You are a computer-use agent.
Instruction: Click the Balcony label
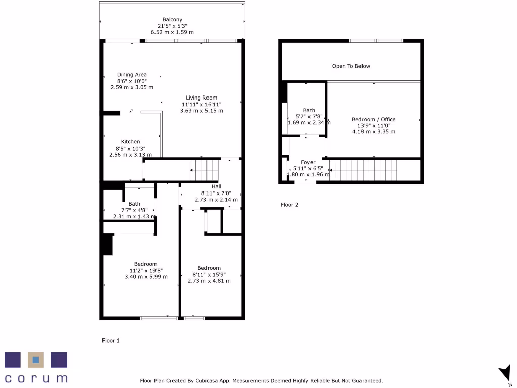172,20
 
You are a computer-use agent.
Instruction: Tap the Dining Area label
132,75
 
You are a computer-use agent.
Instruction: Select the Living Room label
201,98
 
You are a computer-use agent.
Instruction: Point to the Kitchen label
130,142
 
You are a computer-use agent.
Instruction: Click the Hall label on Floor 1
216,186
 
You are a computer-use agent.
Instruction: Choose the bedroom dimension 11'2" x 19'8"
146,270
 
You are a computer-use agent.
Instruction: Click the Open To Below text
351,66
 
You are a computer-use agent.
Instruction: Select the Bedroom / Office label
374,120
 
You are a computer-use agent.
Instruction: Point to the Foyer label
308,163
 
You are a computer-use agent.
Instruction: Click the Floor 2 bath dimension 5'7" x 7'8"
309,116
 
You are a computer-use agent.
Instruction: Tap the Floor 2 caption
289,205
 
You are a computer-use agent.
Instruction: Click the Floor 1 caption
111,341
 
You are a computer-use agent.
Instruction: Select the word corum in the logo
36,378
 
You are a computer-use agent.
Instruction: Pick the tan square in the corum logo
36,360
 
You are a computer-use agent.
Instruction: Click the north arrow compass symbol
504,374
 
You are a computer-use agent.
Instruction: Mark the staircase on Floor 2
363,170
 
